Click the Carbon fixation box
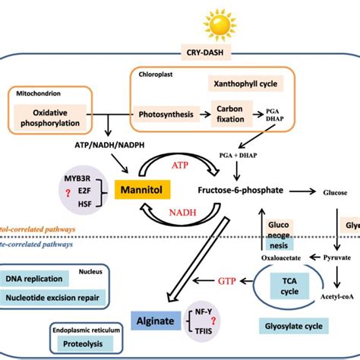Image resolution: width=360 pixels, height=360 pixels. point(227,115)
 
